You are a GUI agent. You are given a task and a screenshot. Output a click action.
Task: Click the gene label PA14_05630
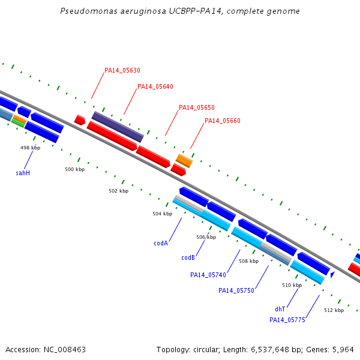tap(122, 70)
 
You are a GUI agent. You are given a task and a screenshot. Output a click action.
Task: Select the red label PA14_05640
tap(155, 86)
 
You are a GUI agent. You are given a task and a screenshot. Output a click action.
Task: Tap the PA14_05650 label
tap(197, 107)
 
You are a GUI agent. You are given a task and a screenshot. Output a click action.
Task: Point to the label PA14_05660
tap(222, 121)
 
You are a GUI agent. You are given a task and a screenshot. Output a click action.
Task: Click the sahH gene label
tap(23, 173)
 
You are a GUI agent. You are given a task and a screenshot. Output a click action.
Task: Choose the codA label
tap(161, 243)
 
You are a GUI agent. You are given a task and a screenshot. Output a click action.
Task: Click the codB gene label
tap(188, 257)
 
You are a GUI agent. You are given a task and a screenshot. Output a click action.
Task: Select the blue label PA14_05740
tap(208, 275)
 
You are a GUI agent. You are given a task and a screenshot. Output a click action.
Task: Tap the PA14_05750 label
tap(236, 290)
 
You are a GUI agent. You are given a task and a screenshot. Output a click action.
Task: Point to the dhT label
tap(280, 309)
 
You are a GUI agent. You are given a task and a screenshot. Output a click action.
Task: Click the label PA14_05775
tap(287, 320)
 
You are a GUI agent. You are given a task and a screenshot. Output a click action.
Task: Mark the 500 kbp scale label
tap(75, 169)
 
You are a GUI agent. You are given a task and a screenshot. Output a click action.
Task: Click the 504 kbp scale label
tap(163, 214)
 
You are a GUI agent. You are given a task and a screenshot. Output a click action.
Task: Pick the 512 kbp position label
tap(334, 310)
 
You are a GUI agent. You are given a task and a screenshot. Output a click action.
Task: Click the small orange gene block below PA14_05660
tap(184, 161)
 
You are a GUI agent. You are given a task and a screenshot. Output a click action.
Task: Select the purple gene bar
tap(118, 127)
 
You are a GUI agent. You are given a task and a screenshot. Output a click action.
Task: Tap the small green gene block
tap(18, 123)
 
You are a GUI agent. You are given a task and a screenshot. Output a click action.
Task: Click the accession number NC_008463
tap(65, 350)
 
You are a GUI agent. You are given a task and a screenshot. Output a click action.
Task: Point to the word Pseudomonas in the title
tap(89, 11)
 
